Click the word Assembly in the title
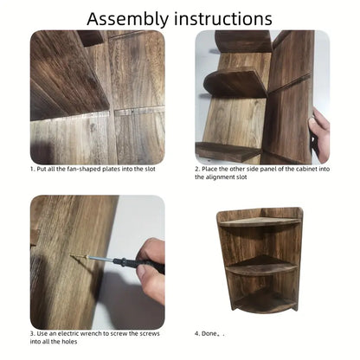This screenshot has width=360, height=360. (127, 20)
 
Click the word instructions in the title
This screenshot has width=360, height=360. (223, 19)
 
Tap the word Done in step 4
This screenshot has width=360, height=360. (209, 334)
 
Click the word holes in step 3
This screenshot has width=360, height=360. (69, 342)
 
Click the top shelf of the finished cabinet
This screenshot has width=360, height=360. (260, 222)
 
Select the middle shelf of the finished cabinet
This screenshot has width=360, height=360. (261, 266)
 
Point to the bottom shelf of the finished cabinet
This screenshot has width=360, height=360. (264, 303)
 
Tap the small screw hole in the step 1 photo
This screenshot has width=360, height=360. (132, 111)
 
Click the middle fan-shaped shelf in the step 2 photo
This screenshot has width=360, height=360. (235, 82)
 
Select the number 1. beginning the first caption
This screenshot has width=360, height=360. (33, 170)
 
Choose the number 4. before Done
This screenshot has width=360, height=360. (197, 334)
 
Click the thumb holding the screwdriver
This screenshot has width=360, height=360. (145, 273)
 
